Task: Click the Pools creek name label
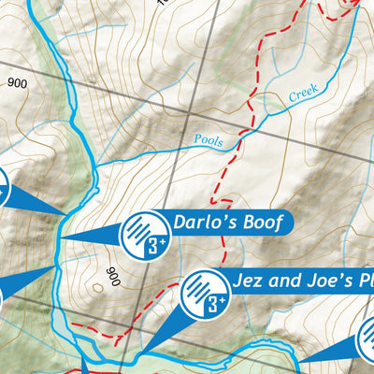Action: tap(209, 140)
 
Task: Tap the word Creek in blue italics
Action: tap(303, 92)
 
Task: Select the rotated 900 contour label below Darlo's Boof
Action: tap(114, 277)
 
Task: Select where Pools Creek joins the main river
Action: tap(95, 166)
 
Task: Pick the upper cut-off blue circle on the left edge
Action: tap(3, 187)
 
